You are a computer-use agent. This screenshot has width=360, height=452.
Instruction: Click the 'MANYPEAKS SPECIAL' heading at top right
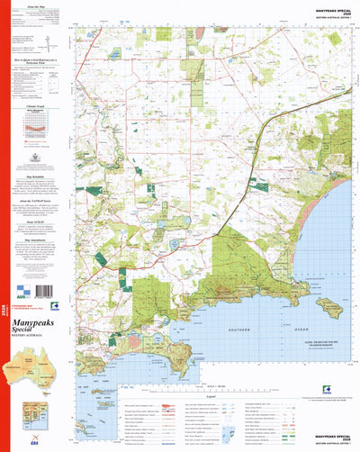330,12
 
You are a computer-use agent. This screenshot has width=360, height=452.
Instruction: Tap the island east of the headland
329,308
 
